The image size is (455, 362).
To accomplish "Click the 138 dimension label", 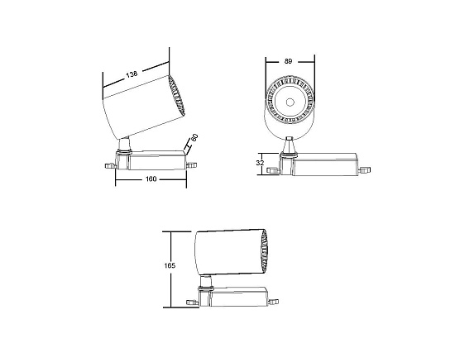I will [x=132, y=75].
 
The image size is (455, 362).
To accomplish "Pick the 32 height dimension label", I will [x=260, y=164].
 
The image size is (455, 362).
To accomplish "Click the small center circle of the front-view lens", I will [x=290, y=103].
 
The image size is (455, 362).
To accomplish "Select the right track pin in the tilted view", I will [x=193, y=164].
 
